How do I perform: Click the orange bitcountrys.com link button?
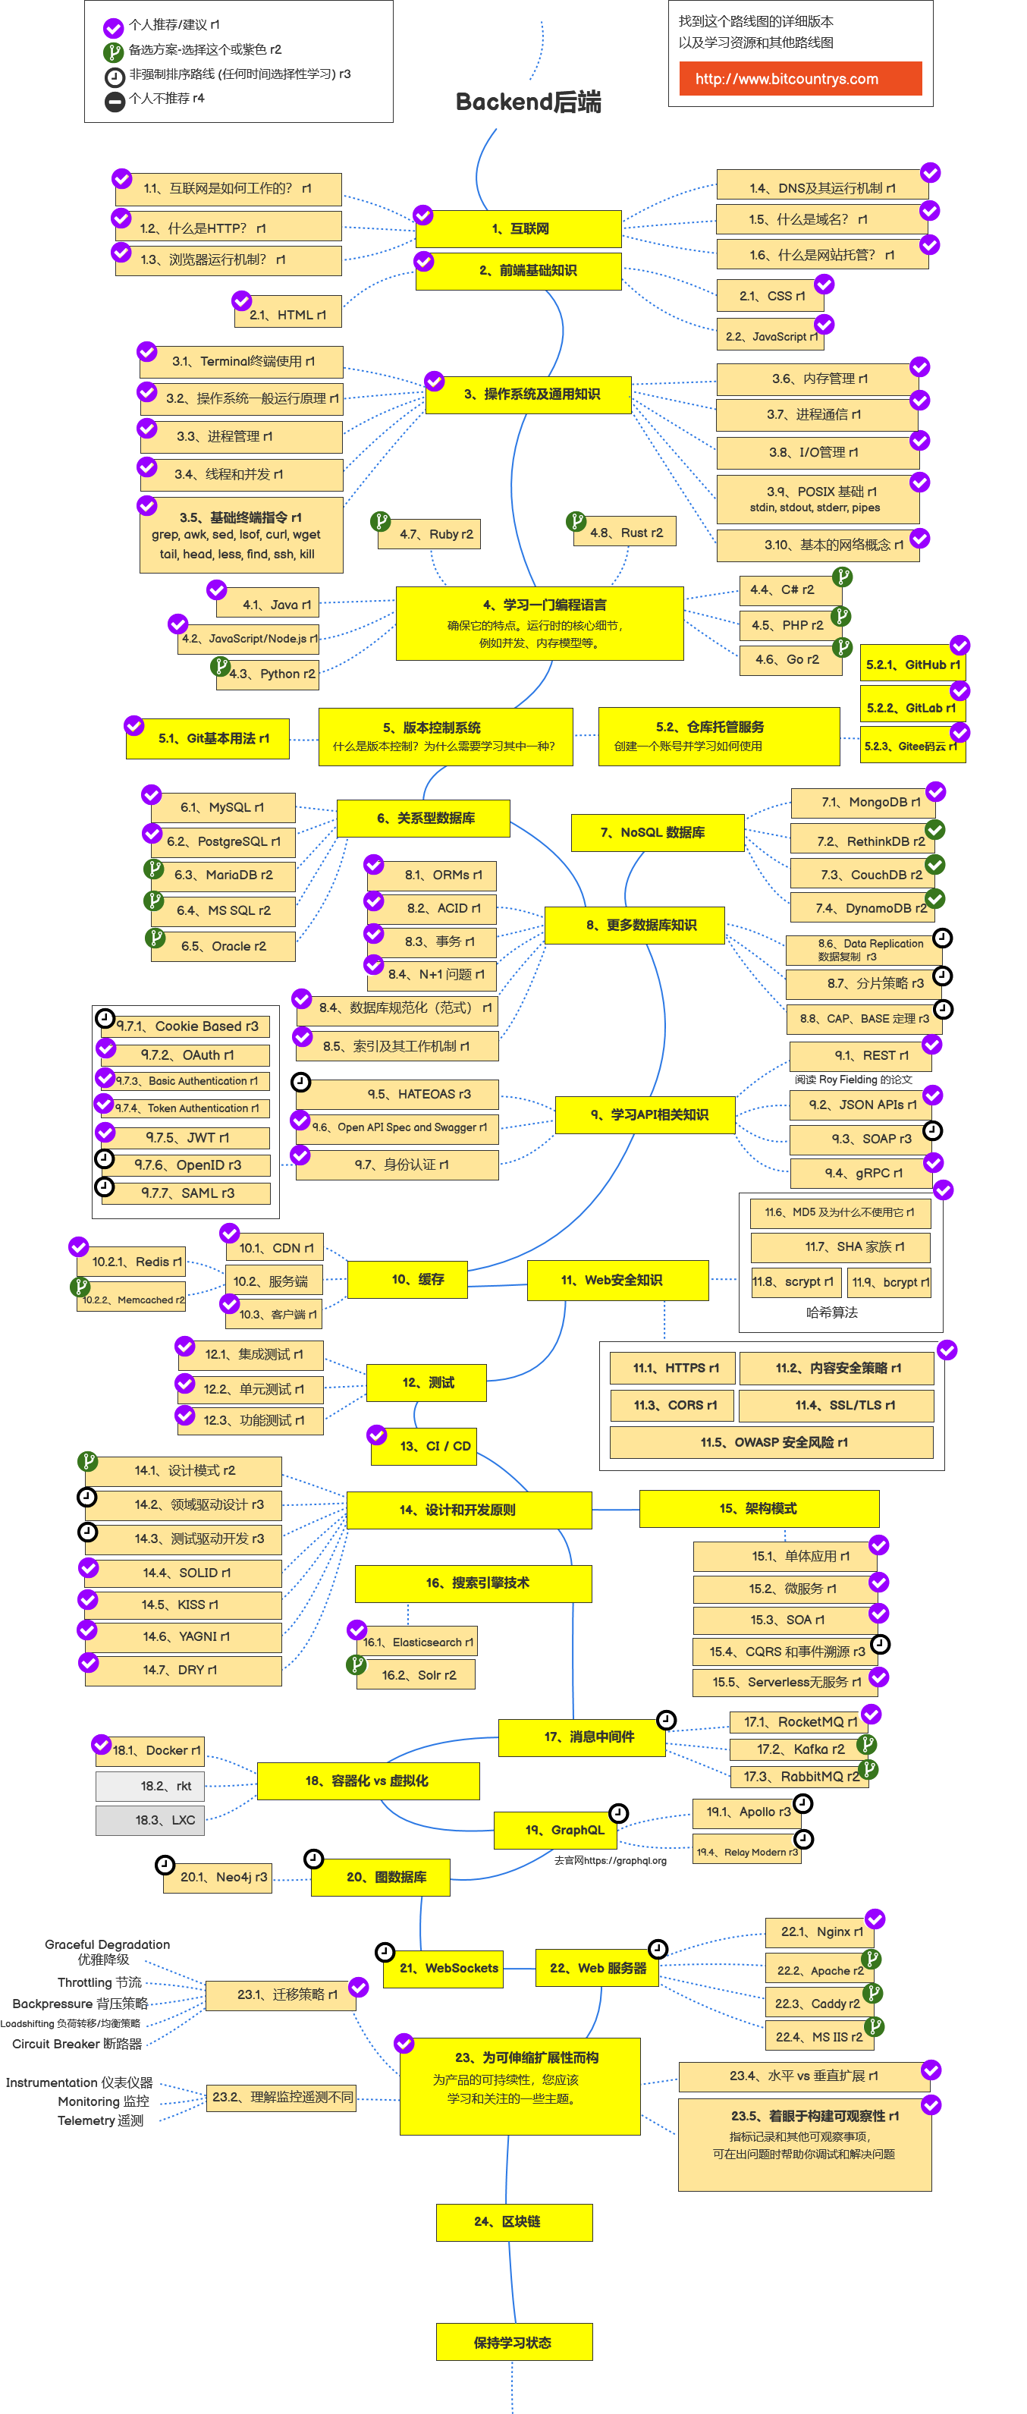(800, 79)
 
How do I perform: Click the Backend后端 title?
(528, 101)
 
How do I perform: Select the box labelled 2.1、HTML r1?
(287, 315)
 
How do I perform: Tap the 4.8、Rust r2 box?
(626, 533)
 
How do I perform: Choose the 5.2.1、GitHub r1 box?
(912, 665)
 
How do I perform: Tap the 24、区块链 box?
(513, 2222)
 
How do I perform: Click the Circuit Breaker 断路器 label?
(77, 2044)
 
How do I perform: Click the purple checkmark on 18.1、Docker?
(101, 1744)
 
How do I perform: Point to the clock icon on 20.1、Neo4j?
(165, 1864)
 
